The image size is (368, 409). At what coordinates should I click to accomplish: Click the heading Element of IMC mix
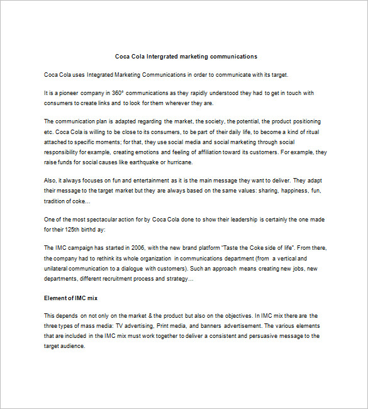pos(70,297)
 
